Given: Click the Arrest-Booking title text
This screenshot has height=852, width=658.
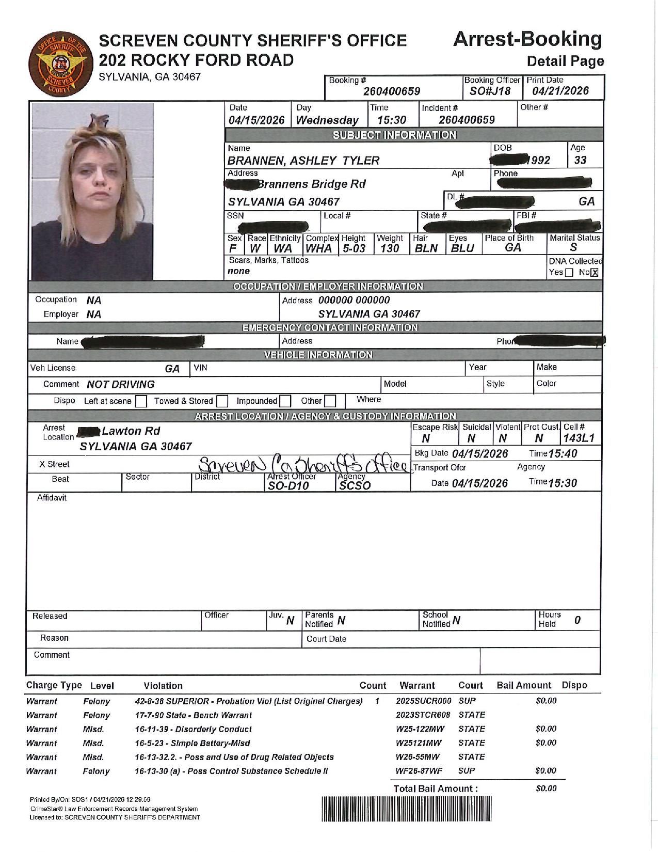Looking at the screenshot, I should [527, 39].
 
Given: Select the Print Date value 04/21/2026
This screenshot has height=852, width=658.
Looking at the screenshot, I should [560, 91].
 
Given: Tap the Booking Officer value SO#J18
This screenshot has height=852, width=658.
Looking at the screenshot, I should [490, 91].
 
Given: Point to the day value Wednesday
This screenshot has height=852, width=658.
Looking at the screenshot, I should [327, 120].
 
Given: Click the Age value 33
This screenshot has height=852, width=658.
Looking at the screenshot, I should [580, 160].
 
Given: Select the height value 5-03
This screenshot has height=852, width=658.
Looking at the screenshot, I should [354, 248].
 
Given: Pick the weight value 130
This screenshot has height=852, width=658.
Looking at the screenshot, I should [390, 248].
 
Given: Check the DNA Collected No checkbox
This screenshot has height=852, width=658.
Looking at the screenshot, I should [595, 273].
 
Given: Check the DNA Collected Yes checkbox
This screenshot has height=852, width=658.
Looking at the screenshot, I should [569, 273].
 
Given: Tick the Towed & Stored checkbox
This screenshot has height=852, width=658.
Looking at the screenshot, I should [222, 401].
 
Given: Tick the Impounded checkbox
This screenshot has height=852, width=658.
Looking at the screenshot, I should [285, 401].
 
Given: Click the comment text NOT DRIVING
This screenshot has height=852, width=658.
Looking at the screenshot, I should [121, 385].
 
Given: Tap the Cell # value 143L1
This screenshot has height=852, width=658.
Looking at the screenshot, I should [579, 438].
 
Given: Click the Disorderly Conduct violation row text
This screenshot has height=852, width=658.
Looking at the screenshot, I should [193, 729].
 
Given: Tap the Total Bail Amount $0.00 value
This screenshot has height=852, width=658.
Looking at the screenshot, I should [545, 788].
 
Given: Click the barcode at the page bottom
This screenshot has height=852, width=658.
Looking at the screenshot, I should [407, 809].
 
